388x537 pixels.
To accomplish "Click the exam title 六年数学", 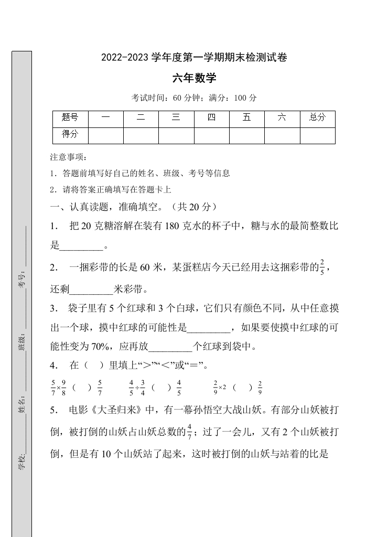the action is click(194, 79).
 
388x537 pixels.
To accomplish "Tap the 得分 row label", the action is click(70, 135).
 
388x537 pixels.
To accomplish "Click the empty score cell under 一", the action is click(105, 135).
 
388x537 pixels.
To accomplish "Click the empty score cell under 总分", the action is click(317, 135).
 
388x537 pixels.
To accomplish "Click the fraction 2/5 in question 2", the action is click(322, 266).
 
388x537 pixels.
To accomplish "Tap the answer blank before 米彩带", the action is click(91, 289).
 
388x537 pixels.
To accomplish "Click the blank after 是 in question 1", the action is click(82, 246).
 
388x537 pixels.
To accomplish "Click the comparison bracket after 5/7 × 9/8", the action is click(82, 388).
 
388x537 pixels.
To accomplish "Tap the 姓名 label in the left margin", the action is click(21, 405).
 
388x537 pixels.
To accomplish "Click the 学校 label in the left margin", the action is click(21, 463).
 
